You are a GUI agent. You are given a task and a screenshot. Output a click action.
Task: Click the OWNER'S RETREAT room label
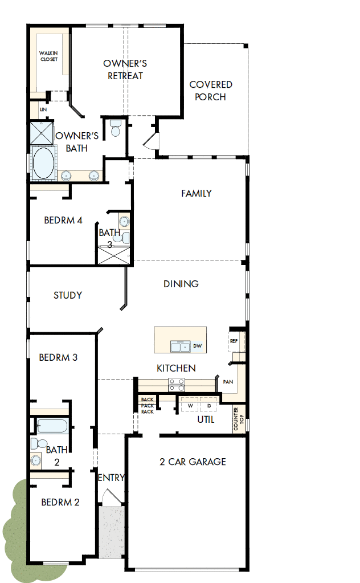coord(125,70)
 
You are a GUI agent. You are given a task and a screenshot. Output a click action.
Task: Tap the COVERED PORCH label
coord(210,91)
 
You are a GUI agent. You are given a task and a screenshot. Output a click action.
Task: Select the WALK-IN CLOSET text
coord(48,56)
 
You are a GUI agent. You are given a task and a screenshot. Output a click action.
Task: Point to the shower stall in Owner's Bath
coord(42,133)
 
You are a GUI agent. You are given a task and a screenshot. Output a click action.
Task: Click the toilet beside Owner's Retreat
coord(115,128)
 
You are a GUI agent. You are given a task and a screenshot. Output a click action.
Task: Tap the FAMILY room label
coord(197,193)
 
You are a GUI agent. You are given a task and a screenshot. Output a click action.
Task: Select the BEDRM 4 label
coord(63,221)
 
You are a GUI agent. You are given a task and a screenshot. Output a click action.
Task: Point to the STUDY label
coord(68,295)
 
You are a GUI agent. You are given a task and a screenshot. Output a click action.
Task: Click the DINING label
coord(181,284)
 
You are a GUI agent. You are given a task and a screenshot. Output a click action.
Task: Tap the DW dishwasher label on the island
coord(197,346)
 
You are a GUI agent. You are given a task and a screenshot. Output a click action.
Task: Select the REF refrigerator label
coord(234,341)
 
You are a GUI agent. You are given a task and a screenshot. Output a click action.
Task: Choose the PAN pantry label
coord(228,382)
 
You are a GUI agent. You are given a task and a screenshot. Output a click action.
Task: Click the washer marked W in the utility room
coord(189,406)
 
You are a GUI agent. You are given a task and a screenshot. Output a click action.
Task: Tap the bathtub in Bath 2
coord(52,426)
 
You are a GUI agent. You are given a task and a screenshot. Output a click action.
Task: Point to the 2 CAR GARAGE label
coord(193,462)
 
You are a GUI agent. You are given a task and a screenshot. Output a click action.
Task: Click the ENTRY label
coord(111,478)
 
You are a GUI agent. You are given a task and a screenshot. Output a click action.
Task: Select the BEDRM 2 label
coord(60,503)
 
